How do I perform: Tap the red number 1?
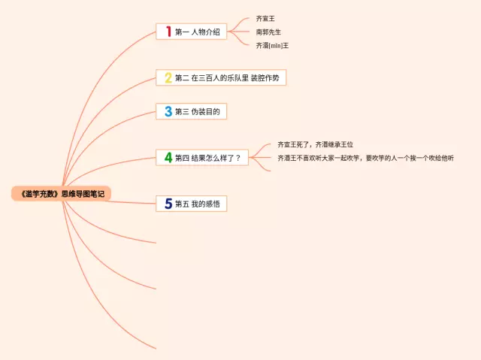[x=168, y=32]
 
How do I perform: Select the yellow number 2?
[x=168, y=77]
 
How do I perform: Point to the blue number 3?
[x=168, y=112]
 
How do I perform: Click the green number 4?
[x=168, y=158]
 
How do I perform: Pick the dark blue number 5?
[x=168, y=204]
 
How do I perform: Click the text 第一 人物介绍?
[x=197, y=32]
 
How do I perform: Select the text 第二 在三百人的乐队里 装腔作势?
[x=228, y=78]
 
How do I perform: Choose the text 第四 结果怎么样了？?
[x=207, y=159]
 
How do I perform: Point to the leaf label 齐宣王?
[x=265, y=18]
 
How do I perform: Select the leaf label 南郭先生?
[x=268, y=32]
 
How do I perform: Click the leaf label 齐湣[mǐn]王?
[x=272, y=45]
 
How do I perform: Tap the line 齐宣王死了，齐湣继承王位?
[x=315, y=144]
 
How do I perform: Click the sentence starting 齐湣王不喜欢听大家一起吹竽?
[x=365, y=158]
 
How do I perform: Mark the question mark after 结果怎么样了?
[x=238, y=159]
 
